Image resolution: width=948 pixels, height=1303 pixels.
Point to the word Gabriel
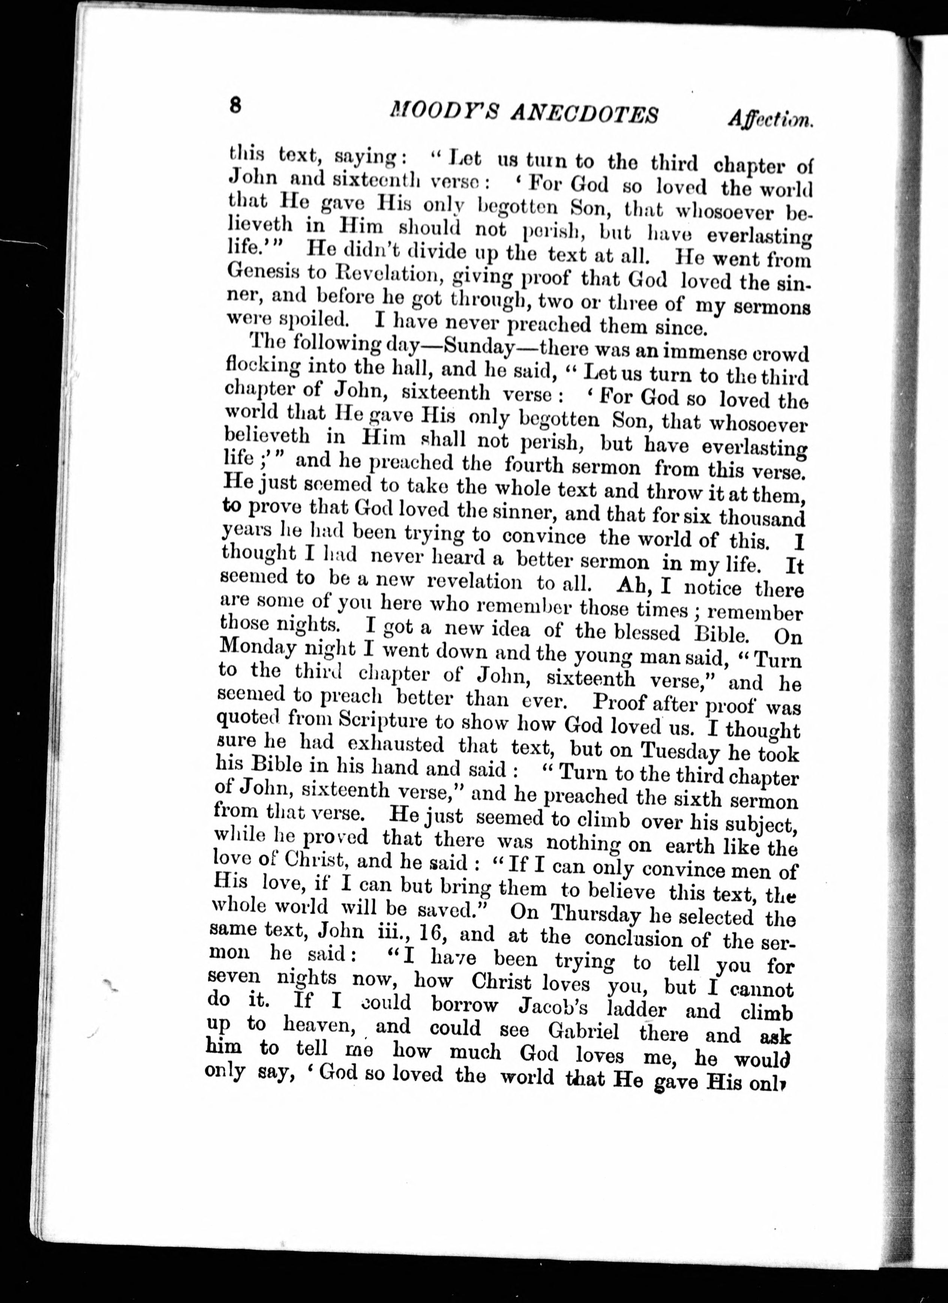(584, 1031)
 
